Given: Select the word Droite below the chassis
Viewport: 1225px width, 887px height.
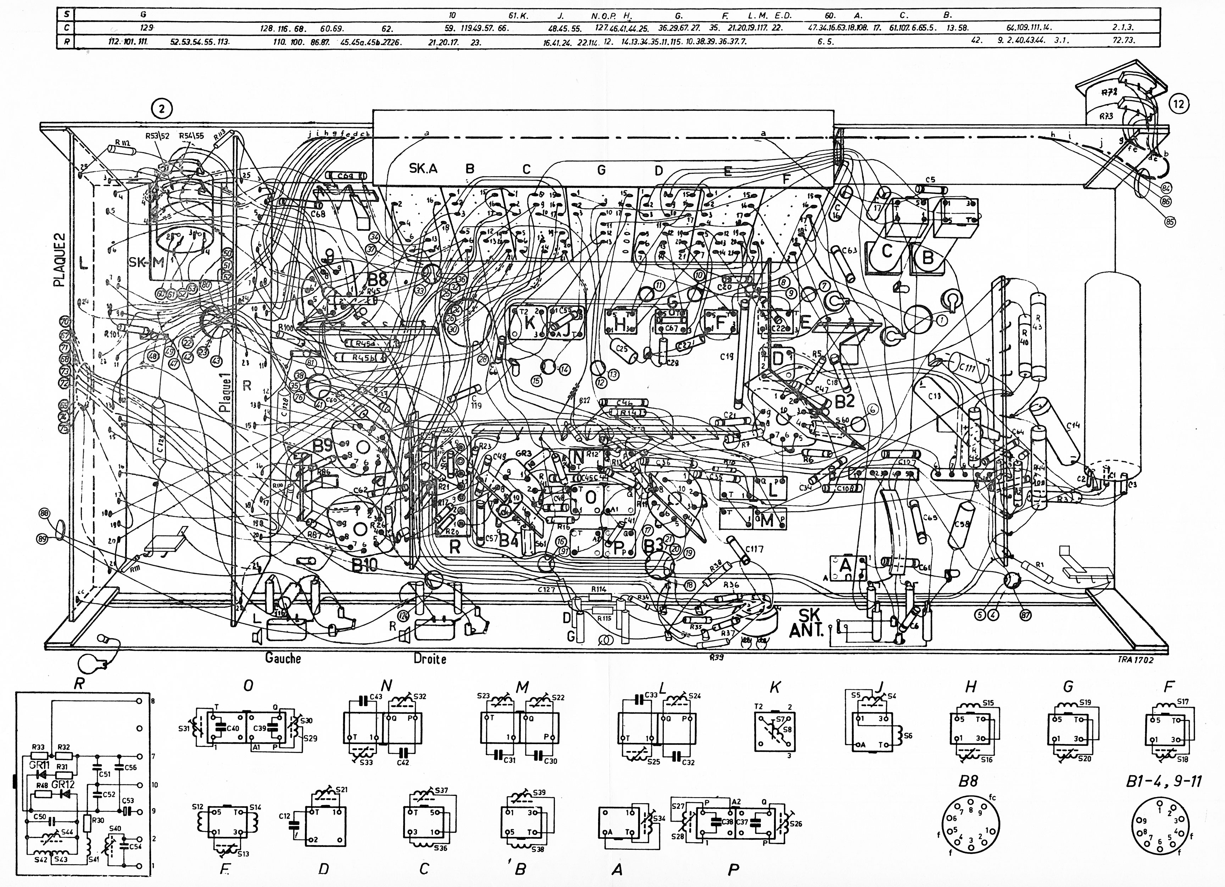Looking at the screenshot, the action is click(x=430, y=659).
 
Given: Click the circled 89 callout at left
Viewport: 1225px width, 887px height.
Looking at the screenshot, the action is click(x=42, y=538).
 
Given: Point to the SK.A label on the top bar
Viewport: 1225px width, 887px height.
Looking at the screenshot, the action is click(x=423, y=169).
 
